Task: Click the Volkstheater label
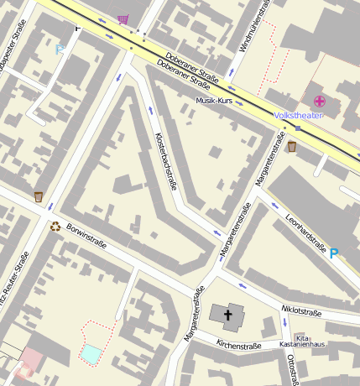(298, 115)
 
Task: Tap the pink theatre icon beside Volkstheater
(320, 102)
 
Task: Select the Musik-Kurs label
(213, 100)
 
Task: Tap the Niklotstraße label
(301, 311)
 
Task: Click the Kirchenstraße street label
(239, 345)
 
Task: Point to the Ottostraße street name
(293, 369)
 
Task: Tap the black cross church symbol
(227, 314)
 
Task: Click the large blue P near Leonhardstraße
(335, 253)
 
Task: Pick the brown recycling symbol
(55, 226)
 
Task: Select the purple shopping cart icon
(124, 18)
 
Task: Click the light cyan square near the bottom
(90, 353)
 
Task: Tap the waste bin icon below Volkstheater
(291, 148)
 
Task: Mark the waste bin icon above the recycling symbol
(39, 196)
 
